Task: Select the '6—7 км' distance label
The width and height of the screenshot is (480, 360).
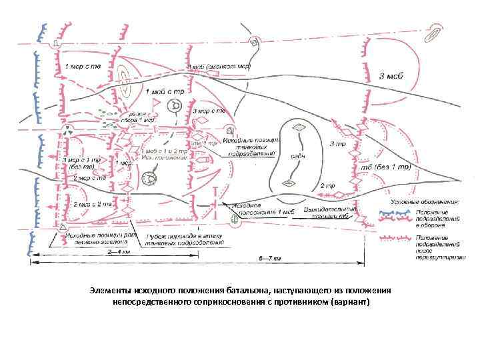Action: [268, 258]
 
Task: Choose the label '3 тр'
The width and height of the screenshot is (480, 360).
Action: [337, 143]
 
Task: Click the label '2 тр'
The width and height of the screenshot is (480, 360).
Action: [327, 185]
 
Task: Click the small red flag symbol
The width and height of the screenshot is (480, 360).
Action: [155, 103]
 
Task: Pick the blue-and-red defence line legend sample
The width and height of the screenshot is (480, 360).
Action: [395, 215]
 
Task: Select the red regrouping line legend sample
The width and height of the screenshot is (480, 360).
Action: [395, 237]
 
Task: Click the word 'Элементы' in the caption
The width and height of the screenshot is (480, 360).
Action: [111, 291]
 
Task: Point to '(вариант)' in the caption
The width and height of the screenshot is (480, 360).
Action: [346, 302]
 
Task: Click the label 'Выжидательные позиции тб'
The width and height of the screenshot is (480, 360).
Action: [326, 213]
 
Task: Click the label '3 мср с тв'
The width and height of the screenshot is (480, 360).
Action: [207, 112]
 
